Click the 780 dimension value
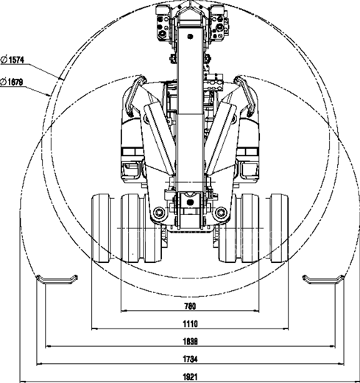pyautogui.click(x=190, y=306)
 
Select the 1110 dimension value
pyautogui.click(x=190, y=324)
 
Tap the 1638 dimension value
pyautogui.click(x=190, y=342)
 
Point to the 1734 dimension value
pyautogui.click(x=190, y=359)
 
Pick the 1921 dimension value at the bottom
pyautogui.click(x=190, y=377)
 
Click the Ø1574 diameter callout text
pyautogui.click(x=13, y=60)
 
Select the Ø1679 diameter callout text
pyautogui.click(x=12, y=82)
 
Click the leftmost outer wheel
pyautogui.click(x=101, y=228)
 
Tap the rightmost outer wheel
pyautogui.click(x=279, y=228)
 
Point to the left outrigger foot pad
pyautogui.click(x=57, y=281)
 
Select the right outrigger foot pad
pyautogui.click(x=323, y=281)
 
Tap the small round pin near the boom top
pyautogui.click(x=190, y=37)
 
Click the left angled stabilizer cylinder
pyautogui.click(x=160, y=138)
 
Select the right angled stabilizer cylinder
pyautogui.click(x=220, y=138)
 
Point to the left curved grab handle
pyautogui.click(x=135, y=96)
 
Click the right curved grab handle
pyautogui.click(x=245, y=96)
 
